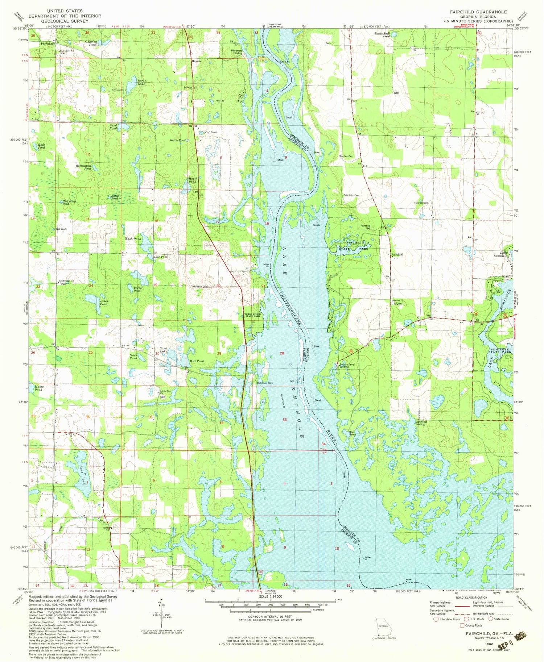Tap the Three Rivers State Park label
(x=253, y=315)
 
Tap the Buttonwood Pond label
(x=83, y=167)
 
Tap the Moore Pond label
(x=39, y=388)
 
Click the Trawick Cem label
(x=421, y=203)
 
